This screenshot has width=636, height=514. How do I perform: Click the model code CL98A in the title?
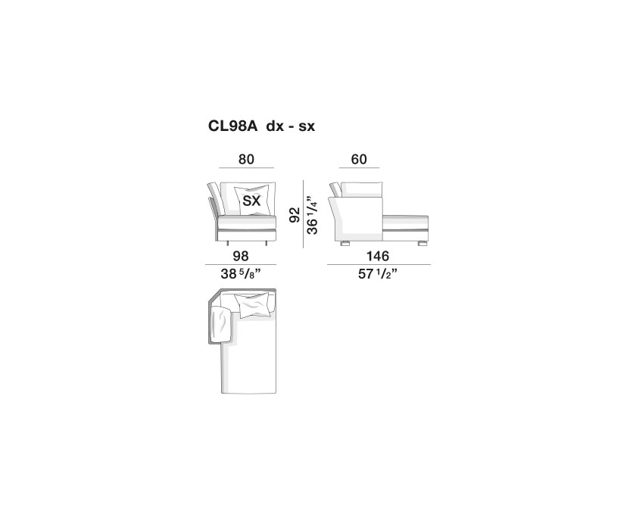point(233,126)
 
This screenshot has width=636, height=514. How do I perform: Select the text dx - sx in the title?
point(291,126)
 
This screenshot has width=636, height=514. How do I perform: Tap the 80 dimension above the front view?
point(246,159)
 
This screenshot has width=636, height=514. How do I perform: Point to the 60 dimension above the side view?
point(359,159)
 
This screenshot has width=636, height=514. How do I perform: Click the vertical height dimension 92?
point(295,214)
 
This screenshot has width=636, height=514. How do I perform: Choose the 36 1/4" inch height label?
point(312,216)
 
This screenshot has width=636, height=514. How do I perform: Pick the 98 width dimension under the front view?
point(241,256)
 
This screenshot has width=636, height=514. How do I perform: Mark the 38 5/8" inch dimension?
point(240,274)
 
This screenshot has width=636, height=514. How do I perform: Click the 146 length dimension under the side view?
point(378,256)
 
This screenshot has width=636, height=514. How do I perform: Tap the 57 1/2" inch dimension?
point(377,274)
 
